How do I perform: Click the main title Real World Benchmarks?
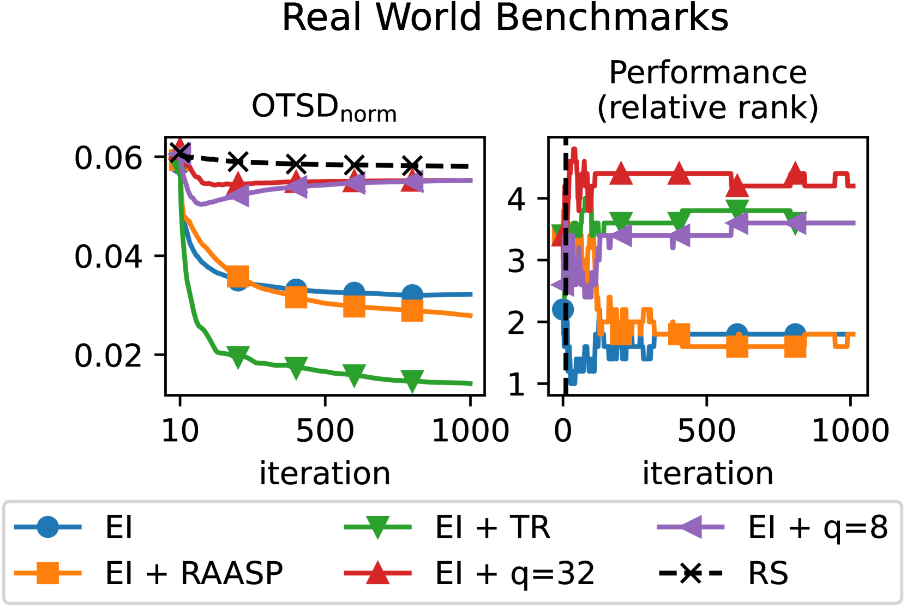tap(505, 18)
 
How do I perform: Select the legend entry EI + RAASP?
tap(194, 573)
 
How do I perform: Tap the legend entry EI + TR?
tap(492, 527)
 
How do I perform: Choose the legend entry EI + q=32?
tap(514, 573)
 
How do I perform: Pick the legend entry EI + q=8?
tap(817, 527)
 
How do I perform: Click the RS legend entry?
tap(767, 573)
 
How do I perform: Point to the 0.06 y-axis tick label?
tap(108, 158)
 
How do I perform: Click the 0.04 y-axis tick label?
tap(108, 256)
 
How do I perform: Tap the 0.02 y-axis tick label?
tap(108, 356)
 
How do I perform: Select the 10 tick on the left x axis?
tap(180, 431)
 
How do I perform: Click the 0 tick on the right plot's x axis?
tap(563, 431)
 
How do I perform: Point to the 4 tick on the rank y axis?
tap(516, 199)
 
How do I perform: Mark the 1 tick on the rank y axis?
tap(516, 385)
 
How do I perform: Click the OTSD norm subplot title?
tap(324, 106)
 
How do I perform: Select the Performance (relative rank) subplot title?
tap(707, 90)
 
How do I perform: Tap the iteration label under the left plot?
tap(325, 473)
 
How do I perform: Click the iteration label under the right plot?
tap(707, 473)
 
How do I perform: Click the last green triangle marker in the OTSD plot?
tap(412, 381)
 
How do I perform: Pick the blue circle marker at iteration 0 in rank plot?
tap(563, 310)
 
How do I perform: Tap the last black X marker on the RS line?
tap(412, 165)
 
